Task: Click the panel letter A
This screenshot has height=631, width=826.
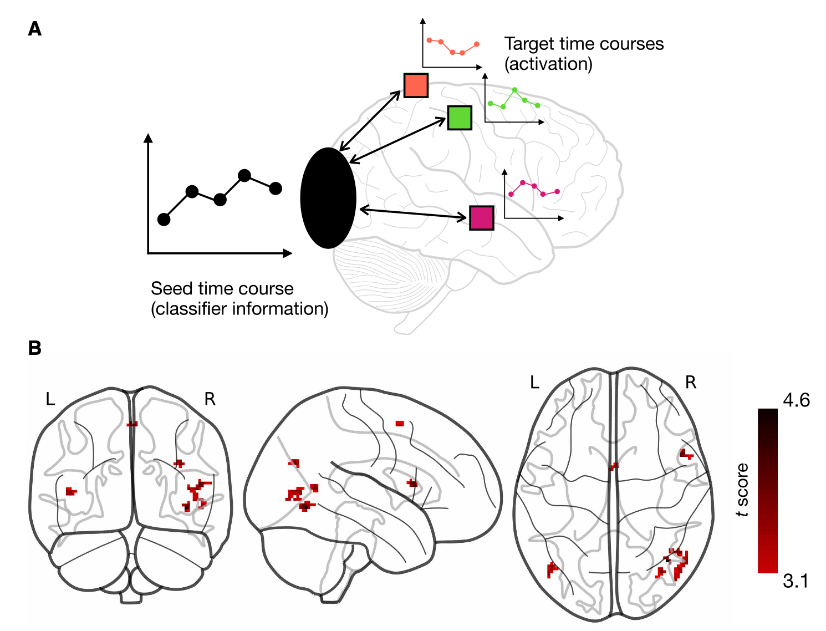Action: point(34,29)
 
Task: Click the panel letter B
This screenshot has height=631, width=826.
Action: point(34,348)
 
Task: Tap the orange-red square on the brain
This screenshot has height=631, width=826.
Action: point(416,85)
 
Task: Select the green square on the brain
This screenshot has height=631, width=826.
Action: point(460,118)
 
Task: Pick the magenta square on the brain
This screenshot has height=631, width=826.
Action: point(481,218)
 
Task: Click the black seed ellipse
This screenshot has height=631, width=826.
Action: point(328,198)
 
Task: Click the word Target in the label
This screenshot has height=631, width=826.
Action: point(529,44)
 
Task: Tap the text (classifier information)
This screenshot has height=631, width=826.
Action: point(239,309)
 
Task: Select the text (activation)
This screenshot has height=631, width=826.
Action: point(548,64)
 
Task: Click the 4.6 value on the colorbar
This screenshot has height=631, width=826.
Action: point(796,400)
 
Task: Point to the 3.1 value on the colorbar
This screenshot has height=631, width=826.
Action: point(795,581)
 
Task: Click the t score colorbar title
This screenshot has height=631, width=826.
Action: point(742,490)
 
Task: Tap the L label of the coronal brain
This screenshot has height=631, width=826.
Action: point(50,399)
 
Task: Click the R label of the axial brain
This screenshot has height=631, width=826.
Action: point(691,382)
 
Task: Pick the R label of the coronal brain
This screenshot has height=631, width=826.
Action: point(210,399)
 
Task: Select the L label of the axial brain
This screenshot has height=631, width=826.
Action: point(534,382)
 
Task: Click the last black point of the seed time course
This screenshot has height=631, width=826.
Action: point(275,189)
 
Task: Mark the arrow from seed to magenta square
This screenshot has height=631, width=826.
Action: point(414,213)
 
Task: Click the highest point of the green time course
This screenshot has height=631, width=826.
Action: point(515,89)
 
